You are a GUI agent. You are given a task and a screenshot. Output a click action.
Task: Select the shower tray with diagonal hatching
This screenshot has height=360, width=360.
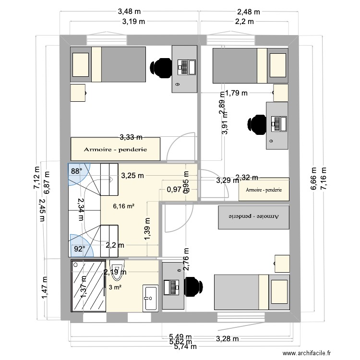(88, 285)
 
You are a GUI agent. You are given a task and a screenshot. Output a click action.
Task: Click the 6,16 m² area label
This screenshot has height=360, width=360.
(123, 207)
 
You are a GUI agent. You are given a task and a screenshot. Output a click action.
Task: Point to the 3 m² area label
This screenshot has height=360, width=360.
(114, 288)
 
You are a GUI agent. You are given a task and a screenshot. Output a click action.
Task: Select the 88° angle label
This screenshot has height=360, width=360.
(77, 170)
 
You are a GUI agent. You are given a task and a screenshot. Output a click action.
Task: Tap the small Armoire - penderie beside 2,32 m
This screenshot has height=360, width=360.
(264, 190)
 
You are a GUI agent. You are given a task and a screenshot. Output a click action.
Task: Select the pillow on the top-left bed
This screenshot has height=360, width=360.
(81, 65)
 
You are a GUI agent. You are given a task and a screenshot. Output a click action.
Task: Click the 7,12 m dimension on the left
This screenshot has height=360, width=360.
(36, 179)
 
